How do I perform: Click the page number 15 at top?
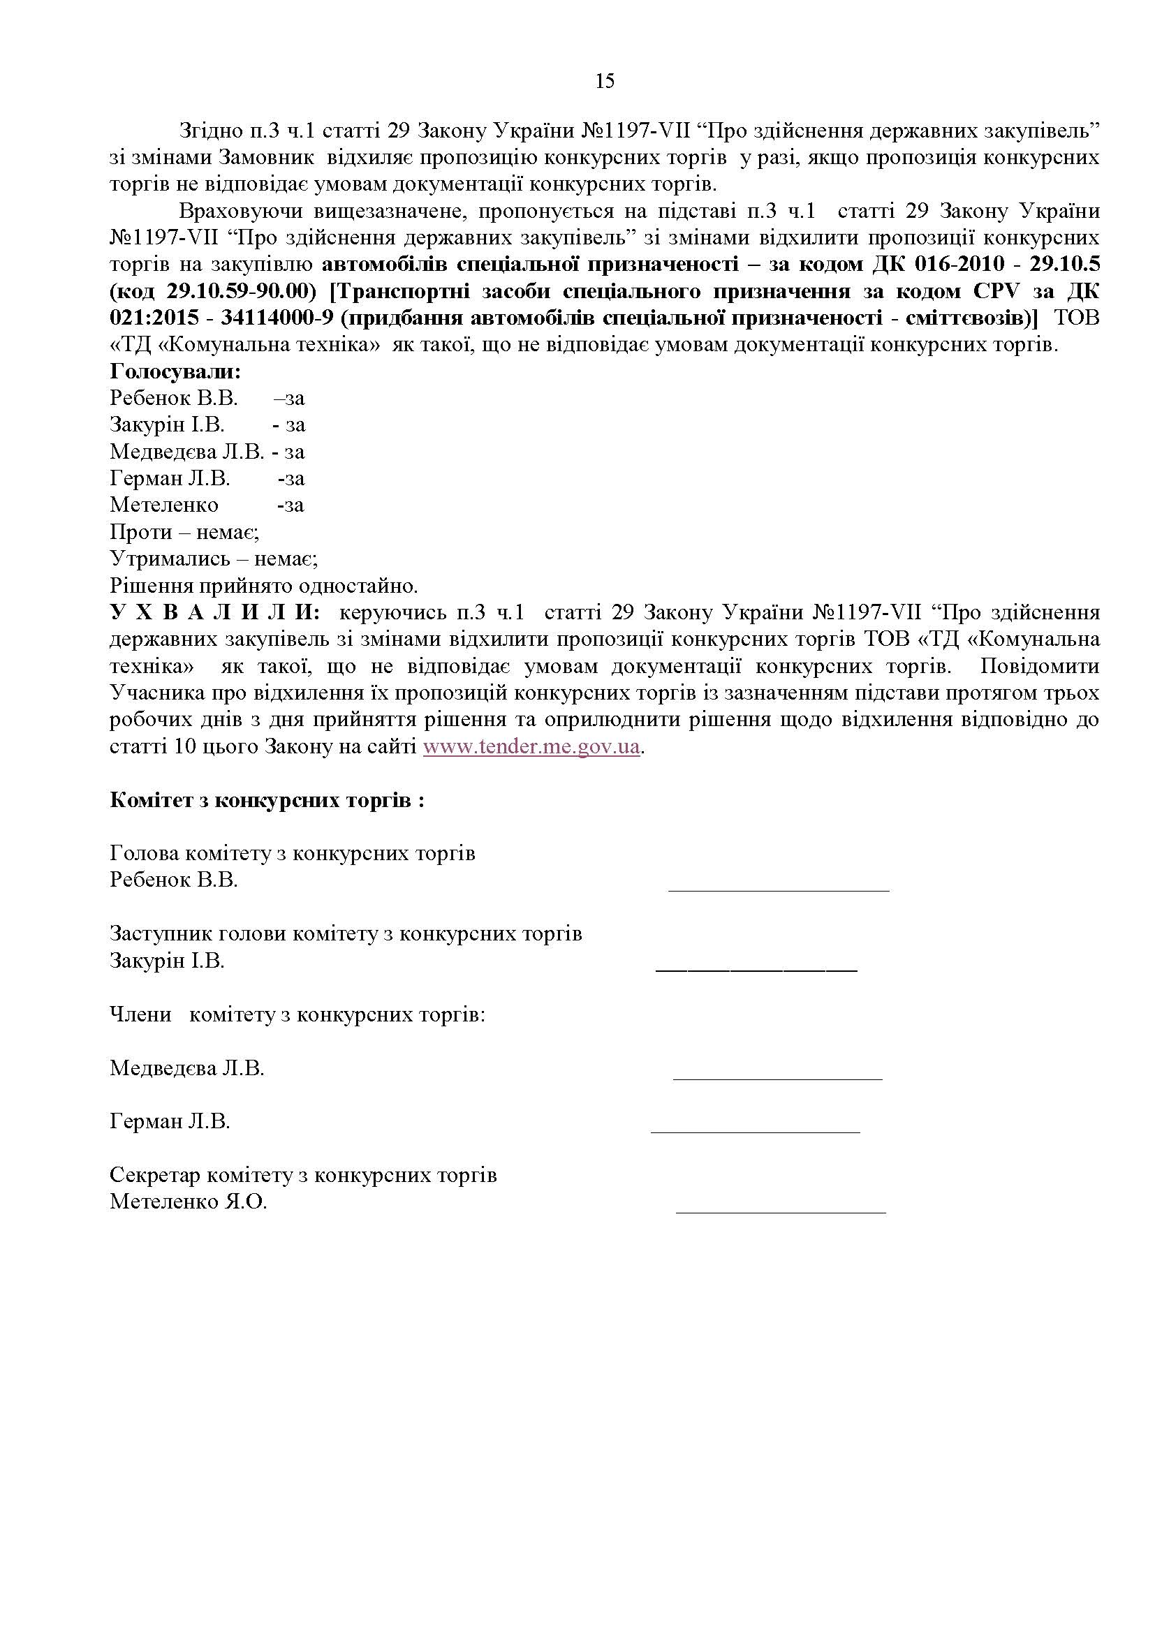click(605, 81)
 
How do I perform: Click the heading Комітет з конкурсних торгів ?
click(267, 800)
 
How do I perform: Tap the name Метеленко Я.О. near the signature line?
click(188, 1202)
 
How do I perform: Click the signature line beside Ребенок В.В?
click(779, 889)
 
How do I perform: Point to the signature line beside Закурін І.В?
click(756, 970)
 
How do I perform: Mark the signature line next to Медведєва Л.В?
click(777, 1078)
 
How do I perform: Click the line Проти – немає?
click(184, 532)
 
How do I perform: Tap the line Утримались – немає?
click(214, 559)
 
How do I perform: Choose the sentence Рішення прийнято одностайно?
click(264, 586)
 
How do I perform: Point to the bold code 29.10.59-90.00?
click(242, 291)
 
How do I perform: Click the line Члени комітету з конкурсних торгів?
click(297, 1014)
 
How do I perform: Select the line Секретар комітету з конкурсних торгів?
click(303, 1175)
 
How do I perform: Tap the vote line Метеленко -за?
click(206, 505)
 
